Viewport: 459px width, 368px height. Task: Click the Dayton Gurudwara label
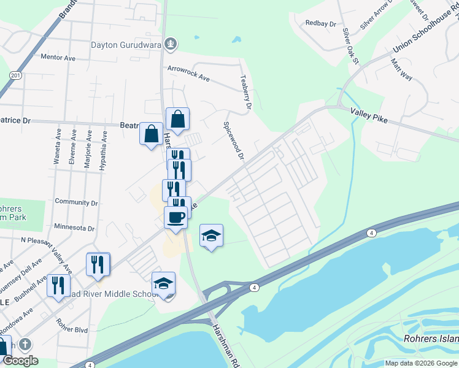click(126, 45)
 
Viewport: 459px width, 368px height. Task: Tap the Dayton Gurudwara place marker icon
click(171, 44)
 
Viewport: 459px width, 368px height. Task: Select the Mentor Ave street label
click(57, 58)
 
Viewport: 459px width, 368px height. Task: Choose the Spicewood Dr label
click(234, 140)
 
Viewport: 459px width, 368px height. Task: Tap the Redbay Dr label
click(321, 24)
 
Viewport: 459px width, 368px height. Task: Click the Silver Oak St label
click(350, 40)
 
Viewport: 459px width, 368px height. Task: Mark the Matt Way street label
click(401, 68)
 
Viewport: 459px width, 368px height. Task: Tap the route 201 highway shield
click(15, 75)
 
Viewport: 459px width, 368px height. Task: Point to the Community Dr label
click(77, 202)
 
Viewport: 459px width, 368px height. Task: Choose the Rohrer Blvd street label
click(72, 326)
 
